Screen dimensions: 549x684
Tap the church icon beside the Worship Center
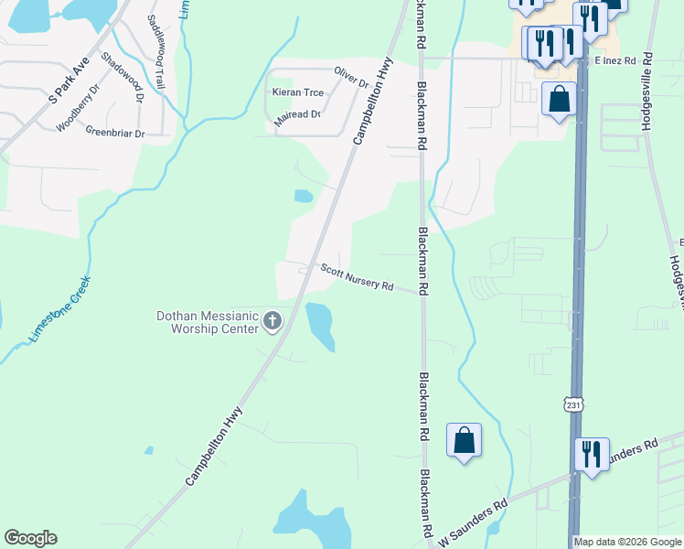coord(272,320)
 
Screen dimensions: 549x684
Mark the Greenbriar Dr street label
coord(115,133)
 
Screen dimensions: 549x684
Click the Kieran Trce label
coord(292,93)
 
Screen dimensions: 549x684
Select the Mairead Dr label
coord(297,114)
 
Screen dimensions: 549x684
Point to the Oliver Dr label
coord(351,77)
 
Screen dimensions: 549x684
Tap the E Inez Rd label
coord(615,60)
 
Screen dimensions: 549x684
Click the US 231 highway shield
coord(572,404)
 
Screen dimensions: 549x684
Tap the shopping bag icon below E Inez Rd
coord(558,98)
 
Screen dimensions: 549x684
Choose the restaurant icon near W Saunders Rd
coord(592,455)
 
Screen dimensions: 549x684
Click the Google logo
coord(30,538)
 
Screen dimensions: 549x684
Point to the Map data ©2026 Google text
coord(626,542)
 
